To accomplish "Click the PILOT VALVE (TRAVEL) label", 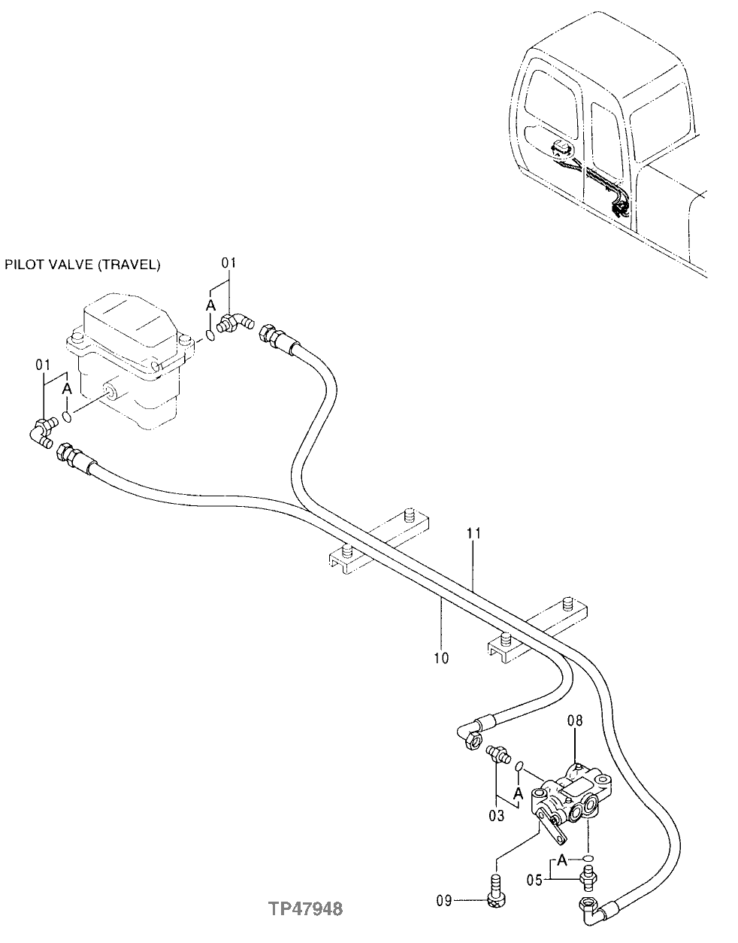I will tap(82, 264).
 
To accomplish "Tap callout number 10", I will tap(441, 658).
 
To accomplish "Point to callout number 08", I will tap(575, 721).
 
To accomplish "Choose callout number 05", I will tap(535, 877).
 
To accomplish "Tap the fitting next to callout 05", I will tap(588, 875).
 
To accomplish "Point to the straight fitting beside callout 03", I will tap(498, 753).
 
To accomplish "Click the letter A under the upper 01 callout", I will tap(210, 305).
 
